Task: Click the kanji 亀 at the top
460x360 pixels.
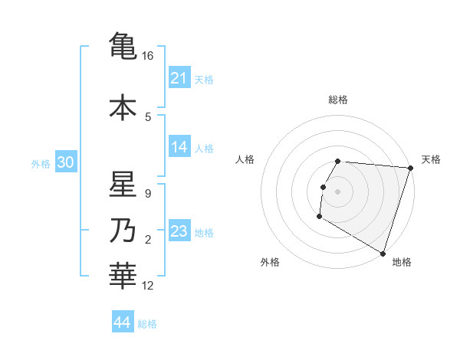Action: click(123, 45)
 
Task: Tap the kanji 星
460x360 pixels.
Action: click(123, 186)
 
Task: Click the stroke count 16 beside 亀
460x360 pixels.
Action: click(148, 56)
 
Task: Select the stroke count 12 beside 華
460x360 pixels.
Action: click(148, 286)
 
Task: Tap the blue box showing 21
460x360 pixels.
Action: click(179, 78)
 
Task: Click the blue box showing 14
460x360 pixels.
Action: click(179, 148)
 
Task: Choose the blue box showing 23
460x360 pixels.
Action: click(179, 231)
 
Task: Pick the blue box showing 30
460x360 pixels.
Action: click(65, 162)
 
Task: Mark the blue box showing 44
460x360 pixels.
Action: click(123, 322)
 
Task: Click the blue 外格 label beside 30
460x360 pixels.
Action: click(41, 163)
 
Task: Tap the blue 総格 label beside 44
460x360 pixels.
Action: click(147, 323)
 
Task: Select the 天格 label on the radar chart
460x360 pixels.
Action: click(431, 159)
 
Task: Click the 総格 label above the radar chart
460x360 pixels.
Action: click(338, 100)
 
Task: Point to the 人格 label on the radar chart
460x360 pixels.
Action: click(245, 159)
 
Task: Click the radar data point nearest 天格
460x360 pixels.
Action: click(410, 168)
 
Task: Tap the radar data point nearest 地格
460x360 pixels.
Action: click(383, 253)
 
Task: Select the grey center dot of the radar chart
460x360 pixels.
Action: click(338, 191)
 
